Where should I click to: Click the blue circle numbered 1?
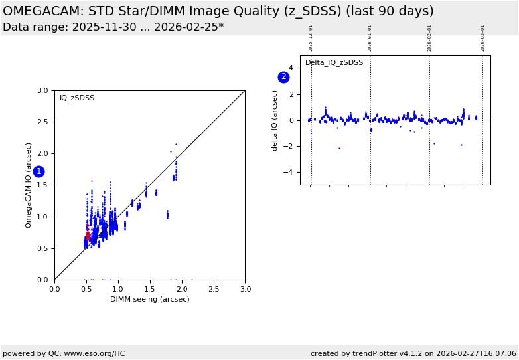point(38,171)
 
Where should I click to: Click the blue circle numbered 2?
point(283,77)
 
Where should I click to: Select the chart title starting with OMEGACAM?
point(218,11)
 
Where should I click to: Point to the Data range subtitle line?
point(113,27)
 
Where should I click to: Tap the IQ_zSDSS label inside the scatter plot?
point(77,98)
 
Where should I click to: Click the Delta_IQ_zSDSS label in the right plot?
point(334,63)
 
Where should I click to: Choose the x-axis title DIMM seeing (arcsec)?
point(149,299)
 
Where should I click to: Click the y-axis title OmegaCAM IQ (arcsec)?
point(29,185)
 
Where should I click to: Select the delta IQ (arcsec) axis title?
point(275,120)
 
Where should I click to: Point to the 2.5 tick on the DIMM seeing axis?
point(214,289)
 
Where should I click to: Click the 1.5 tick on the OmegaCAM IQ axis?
point(42,185)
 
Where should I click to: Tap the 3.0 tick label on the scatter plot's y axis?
point(42,90)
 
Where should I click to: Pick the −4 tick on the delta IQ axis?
point(290,172)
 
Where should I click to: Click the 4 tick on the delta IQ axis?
point(290,68)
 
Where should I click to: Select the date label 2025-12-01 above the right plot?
point(311,38)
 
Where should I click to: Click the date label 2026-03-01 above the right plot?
point(482,38)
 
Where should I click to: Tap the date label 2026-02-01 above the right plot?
point(429,38)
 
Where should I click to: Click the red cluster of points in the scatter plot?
point(88,234)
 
